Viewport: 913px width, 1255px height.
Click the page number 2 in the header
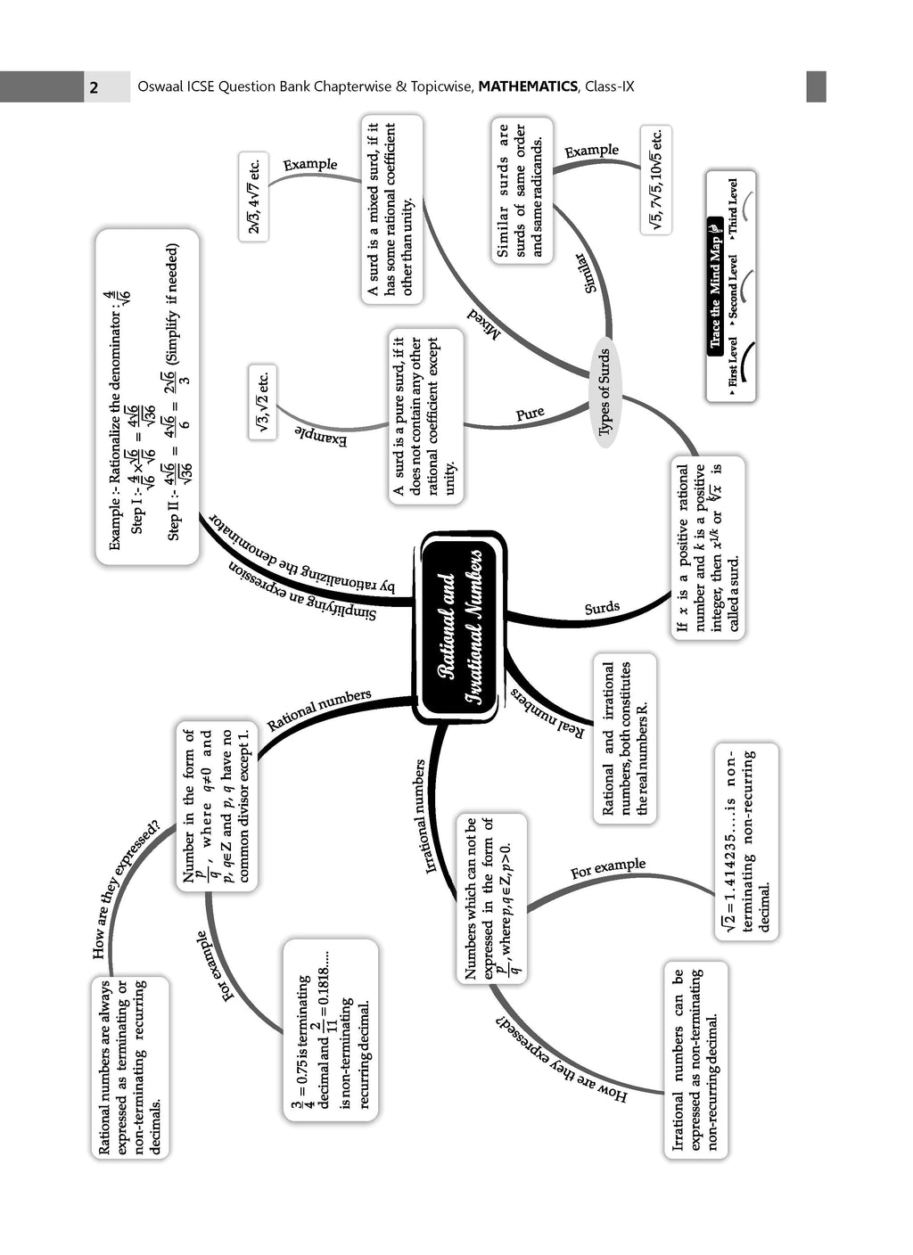pos(94,87)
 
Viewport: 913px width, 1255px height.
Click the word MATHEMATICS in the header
pos(528,86)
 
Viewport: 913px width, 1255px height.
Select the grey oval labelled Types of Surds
pos(604,392)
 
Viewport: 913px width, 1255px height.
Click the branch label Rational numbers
pos(318,709)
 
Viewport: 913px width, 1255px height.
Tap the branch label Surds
pos(602,608)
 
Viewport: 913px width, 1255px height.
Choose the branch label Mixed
pos(483,324)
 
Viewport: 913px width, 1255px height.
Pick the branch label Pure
pos(530,414)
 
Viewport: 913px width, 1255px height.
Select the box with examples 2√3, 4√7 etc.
pos(253,196)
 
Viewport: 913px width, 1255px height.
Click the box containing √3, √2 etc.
pos(262,402)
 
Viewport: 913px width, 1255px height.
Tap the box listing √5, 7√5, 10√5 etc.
pos(655,179)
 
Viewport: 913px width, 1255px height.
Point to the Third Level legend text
pos(733,206)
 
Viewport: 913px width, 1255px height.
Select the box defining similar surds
pos(522,191)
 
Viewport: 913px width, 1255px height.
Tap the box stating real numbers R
pos(624,738)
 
